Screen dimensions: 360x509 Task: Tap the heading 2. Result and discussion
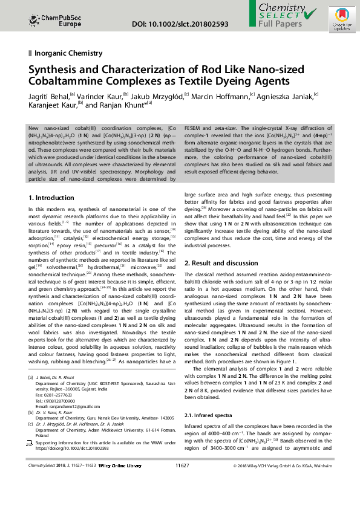tap(221, 263)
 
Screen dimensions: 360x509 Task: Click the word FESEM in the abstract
tap(194, 128)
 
